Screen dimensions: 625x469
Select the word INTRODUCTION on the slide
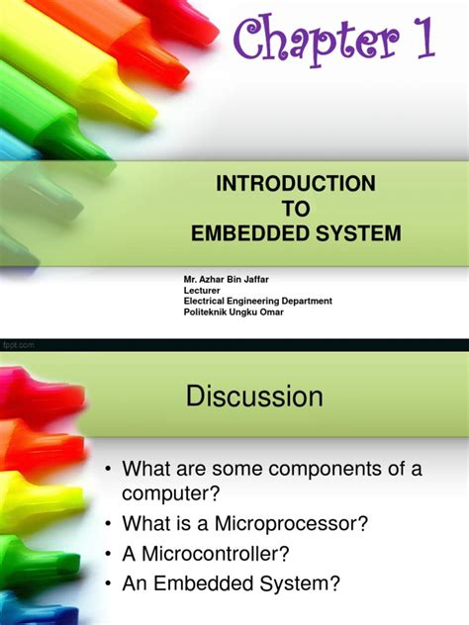[x=296, y=184]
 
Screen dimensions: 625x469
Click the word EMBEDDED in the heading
[x=243, y=234]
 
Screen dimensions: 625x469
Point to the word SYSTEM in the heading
[x=352, y=234]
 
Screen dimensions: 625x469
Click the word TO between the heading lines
[x=295, y=210]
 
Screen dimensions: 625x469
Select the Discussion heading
[x=254, y=398]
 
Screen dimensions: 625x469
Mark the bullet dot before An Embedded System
[x=108, y=584]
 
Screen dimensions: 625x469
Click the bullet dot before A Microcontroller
[x=108, y=554]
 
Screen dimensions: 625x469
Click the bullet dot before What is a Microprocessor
[x=108, y=523]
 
